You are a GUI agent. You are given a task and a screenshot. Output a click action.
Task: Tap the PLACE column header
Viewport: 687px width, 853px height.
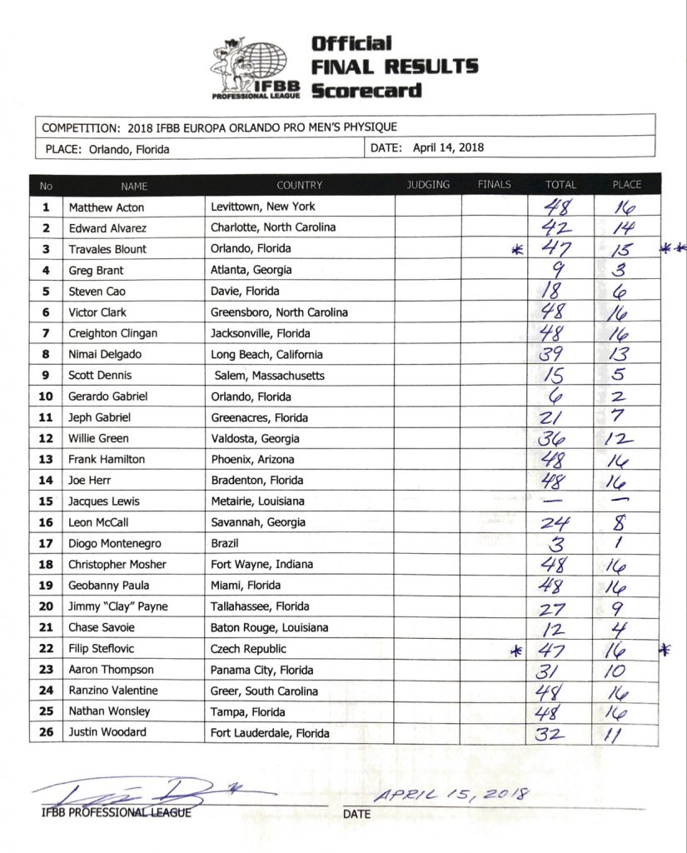pyautogui.click(x=626, y=184)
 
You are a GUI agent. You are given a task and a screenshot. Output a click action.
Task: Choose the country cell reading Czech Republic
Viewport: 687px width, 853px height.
pyautogui.click(x=248, y=648)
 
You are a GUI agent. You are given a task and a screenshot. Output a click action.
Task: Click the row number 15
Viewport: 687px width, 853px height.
pyautogui.click(x=47, y=501)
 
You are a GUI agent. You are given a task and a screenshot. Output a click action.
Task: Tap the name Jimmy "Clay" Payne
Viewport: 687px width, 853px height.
pyautogui.click(x=118, y=606)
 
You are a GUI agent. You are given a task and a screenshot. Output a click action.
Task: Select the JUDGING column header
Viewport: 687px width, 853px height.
pyautogui.click(x=428, y=184)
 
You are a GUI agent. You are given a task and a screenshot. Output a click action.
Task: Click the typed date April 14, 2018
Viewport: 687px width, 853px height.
pyautogui.click(x=449, y=148)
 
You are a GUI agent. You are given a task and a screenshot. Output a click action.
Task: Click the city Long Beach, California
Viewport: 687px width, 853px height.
pyautogui.click(x=266, y=354)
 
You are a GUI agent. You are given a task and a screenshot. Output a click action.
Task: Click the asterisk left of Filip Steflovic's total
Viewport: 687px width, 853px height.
pyautogui.click(x=515, y=651)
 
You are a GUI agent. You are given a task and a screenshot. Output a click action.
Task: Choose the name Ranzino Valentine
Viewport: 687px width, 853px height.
pyautogui.click(x=113, y=691)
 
